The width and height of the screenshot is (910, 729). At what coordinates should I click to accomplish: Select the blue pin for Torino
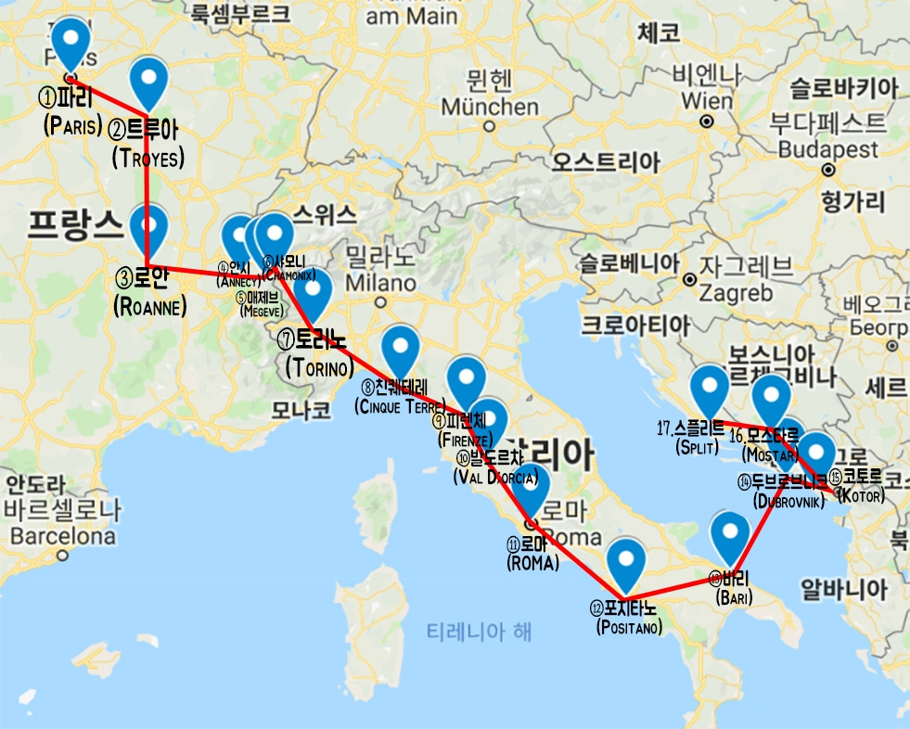point(314,292)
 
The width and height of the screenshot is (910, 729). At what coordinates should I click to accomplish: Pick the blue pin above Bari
point(730,534)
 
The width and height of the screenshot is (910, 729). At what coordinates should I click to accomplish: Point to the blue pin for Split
point(710,389)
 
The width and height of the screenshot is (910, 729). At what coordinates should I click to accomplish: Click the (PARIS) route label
point(72,126)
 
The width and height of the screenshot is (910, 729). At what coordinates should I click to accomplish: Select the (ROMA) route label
point(532,562)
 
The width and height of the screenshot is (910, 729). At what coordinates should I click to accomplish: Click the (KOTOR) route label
point(861,497)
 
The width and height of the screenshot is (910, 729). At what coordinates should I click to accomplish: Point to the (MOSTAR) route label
point(771,455)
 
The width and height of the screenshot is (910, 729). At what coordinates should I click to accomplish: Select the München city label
point(489,108)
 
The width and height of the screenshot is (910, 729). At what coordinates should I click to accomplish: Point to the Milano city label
point(380,282)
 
